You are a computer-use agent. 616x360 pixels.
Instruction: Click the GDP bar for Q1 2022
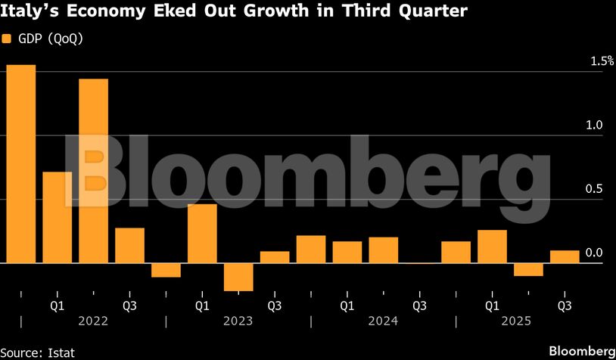pos(57,217)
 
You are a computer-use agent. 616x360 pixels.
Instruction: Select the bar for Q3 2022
pos(129,245)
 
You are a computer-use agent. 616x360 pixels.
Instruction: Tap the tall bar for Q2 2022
pos(93,171)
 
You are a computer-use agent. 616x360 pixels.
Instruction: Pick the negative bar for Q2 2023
pos(238,277)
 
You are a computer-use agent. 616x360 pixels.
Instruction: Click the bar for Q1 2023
pos(202,234)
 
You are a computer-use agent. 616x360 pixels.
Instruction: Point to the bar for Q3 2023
pos(275,257)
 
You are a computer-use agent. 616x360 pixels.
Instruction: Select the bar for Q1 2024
pos(347,253)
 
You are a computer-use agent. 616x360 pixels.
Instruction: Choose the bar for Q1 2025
pos(493,247)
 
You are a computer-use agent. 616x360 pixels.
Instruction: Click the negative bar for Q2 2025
pos(529,270)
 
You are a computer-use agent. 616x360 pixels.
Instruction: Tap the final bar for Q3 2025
pos(565,257)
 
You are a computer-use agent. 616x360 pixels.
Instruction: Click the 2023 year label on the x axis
pos(238,321)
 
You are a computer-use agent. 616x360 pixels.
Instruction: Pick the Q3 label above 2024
pos(419,306)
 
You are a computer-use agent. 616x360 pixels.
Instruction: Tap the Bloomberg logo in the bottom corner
pos(581,351)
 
